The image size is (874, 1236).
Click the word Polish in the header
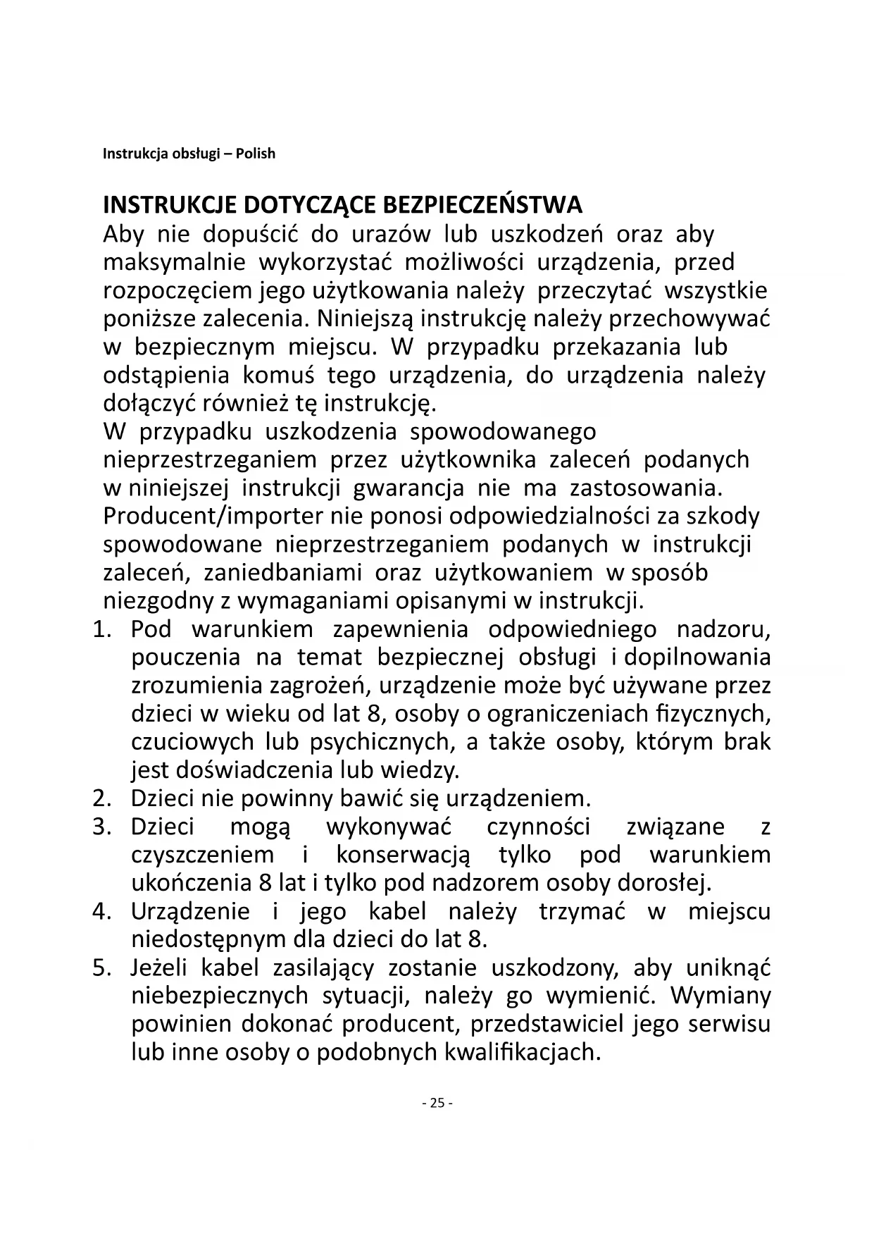point(255,154)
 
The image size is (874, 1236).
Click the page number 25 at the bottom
point(437,1103)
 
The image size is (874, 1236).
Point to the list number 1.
point(101,629)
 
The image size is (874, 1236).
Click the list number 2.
point(101,798)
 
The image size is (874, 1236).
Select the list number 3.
point(101,827)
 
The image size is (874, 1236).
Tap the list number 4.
point(101,911)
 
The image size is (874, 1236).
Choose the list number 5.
point(101,968)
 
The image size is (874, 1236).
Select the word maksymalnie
point(174,263)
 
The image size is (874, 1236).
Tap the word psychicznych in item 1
point(379,742)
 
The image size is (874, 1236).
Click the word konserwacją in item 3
point(403,855)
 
